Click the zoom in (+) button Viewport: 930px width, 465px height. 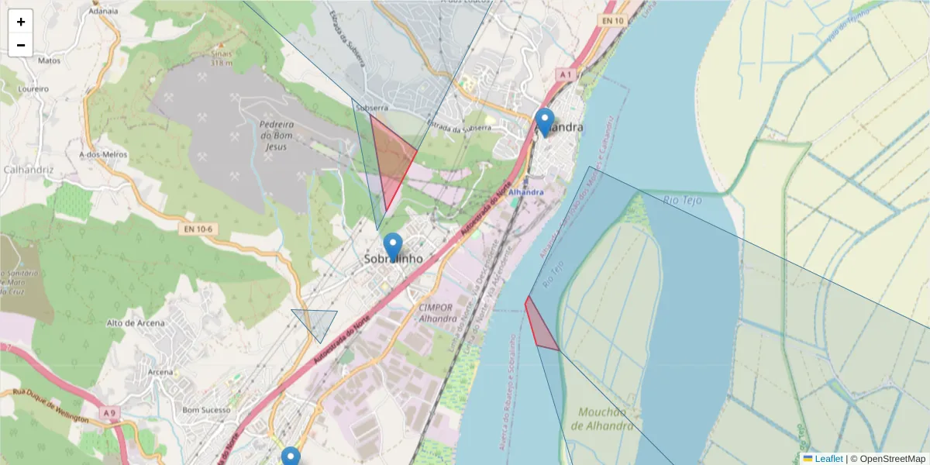[21, 22]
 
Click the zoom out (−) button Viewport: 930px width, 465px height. [21, 45]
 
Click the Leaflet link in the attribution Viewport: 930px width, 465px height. [828, 459]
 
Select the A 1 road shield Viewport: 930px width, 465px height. [565, 74]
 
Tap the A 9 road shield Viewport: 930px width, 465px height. [109, 413]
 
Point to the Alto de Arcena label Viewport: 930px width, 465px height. [136, 322]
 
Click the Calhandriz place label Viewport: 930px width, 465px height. [26, 169]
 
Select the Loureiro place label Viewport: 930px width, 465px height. [33, 89]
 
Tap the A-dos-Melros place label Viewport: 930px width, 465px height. [103, 154]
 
